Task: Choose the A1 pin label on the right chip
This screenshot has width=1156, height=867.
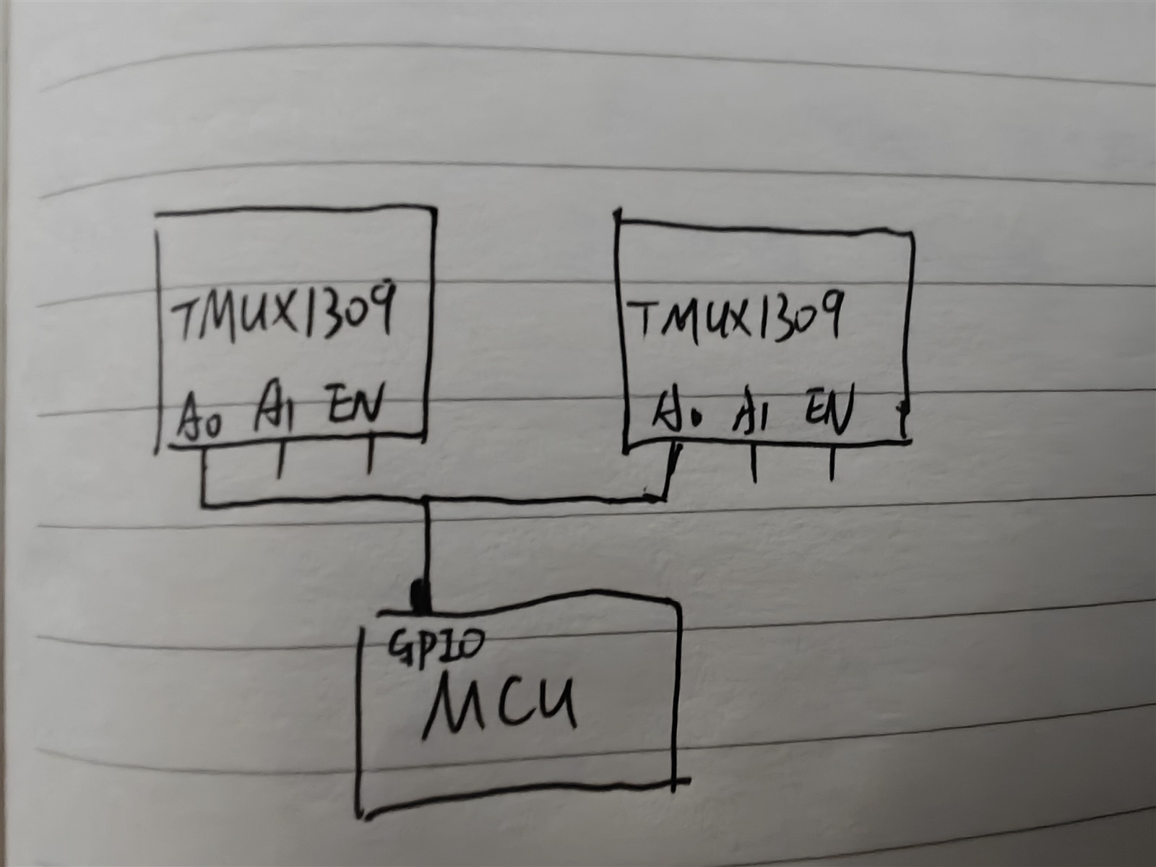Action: tap(751, 413)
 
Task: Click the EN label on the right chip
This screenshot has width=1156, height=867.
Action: tap(830, 410)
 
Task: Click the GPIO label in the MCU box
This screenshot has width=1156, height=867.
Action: tap(433, 645)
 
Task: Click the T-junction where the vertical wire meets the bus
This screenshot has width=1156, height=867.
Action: tap(427, 500)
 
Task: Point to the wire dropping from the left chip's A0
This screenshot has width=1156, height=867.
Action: tap(204, 473)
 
